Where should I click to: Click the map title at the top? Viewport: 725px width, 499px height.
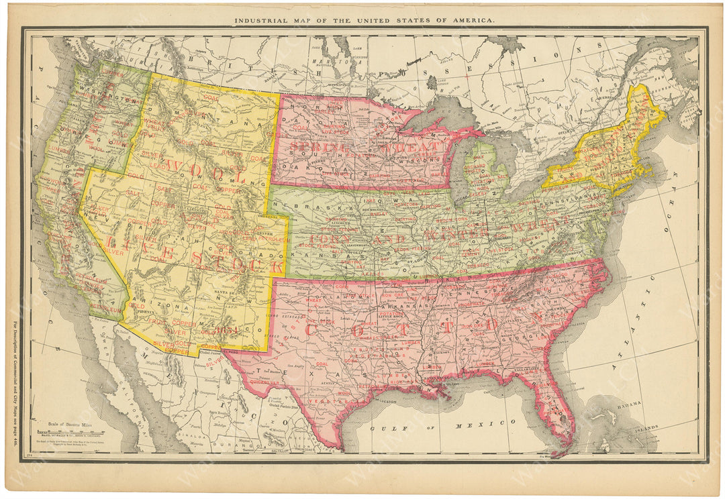[x=364, y=20]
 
